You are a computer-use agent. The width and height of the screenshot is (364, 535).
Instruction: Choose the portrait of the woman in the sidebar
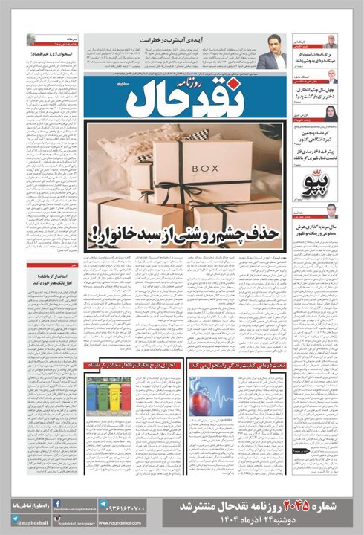pyautogui.click(x=331, y=112)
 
